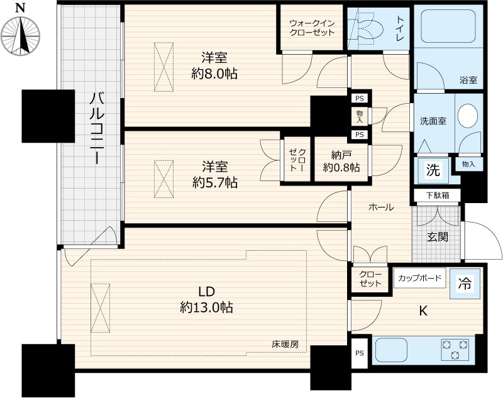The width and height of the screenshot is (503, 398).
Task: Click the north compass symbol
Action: coord(20,31)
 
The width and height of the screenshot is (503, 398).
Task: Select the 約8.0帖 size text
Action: coord(214,74)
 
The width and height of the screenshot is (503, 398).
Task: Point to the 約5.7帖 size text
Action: coord(214,183)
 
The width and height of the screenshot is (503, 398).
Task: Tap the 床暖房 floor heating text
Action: coord(285,345)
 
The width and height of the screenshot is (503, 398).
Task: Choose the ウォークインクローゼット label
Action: coord(312,28)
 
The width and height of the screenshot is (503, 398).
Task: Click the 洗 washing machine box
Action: coord(433,170)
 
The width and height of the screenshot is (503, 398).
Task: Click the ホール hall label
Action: coord(381,207)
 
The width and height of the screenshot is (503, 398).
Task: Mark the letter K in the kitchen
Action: coord(423,309)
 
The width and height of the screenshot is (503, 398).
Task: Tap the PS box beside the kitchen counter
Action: coord(359,353)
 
